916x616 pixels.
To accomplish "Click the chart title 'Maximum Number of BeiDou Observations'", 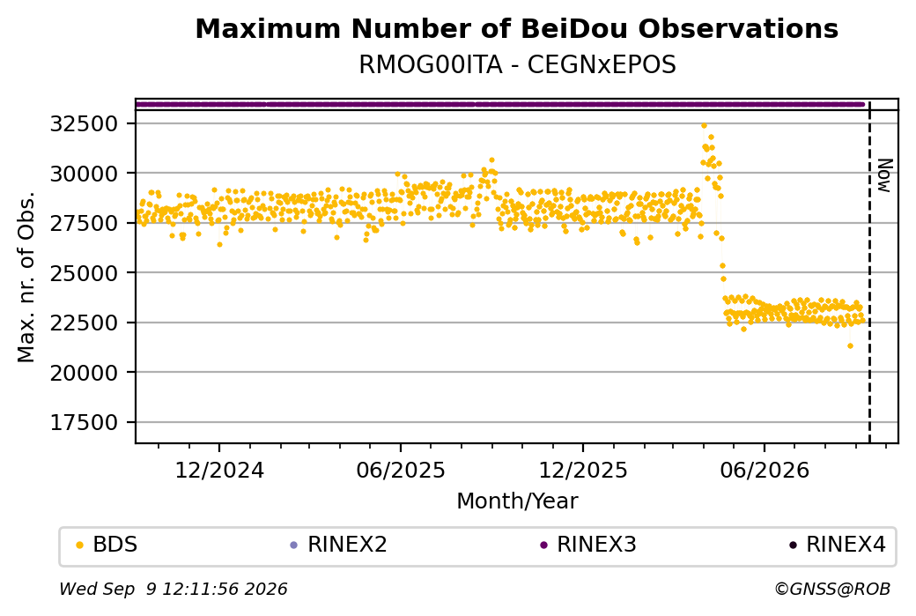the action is pyautogui.click(x=516, y=28).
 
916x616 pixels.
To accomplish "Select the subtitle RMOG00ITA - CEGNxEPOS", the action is pyautogui.click(x=517, y=65).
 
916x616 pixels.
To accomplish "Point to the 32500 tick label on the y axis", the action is pyautogui.click(x=85, y=124).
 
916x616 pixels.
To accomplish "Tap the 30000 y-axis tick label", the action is pyautogui.click(x=85, y=174).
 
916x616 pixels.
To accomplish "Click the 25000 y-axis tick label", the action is pyautogui.click(x=85, y=273).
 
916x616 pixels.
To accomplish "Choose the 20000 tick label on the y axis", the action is pyautogui.click(x=85, y=372).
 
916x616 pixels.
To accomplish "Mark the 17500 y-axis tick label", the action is pyautogui.click(x=85, y=422).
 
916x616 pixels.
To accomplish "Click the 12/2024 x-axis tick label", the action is pyautogui.click(x=219, y=470).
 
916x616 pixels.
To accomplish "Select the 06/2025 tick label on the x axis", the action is pyautogui.click(x=401, y=470).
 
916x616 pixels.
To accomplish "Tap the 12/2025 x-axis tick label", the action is pyautogui.click(x=583, y=470).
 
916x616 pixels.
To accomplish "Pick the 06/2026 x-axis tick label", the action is pyautogui.click(x=765, y=470).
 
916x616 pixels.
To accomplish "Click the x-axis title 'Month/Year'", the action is pyautogui.click(x=517, y=501).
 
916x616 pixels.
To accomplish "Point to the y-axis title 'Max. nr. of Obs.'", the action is pyautogui.click(x=26, y=277).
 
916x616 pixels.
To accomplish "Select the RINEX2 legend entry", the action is pyautogui.click(x=339, y=545).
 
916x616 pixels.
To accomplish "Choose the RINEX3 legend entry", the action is pyautogui.click(x=588, y=545).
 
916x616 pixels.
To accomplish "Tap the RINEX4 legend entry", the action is pyautogui.click(x=838, y=545).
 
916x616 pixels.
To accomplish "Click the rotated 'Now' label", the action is pyautogui.click(x=885, y=175).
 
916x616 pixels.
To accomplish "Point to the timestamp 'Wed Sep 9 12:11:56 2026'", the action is pyautogui.click(x=174, y=589).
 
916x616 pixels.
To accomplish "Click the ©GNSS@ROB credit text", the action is pyautogui.click(x=832, y=589).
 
